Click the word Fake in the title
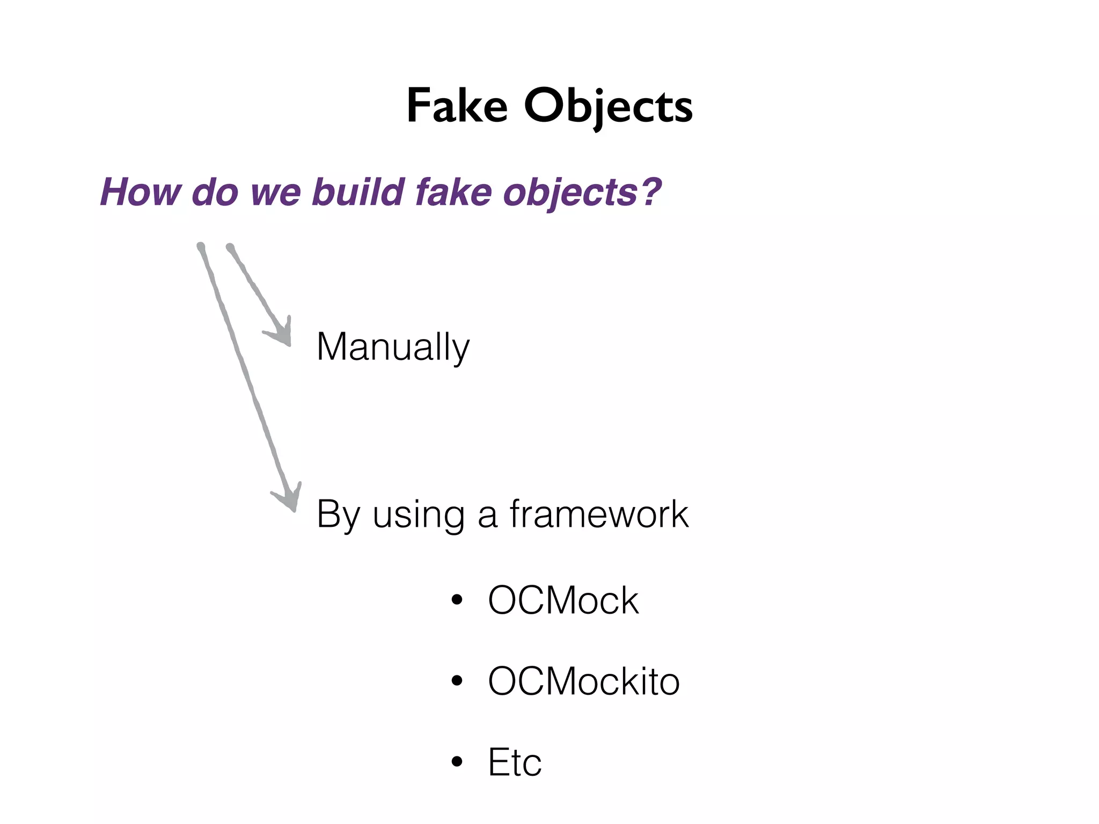coord(457,106)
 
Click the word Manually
coord(393,347)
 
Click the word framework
coord(599,514)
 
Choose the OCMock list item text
coord(563,600)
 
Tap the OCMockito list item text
coord(583,681)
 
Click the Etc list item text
coord(515,762)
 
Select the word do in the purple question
coord(215,192)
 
